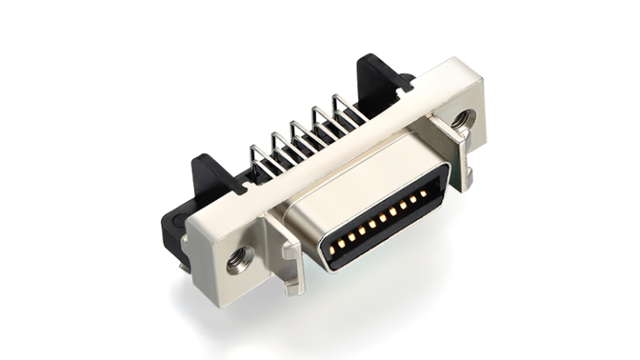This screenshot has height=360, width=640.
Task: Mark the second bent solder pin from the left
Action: click(x=282, y=147)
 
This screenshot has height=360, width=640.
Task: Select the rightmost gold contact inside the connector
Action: click(x=423, y=193)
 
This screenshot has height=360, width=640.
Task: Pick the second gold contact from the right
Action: click(x=413, y=199)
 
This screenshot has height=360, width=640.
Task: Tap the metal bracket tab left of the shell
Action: click(x=283, y=250)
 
